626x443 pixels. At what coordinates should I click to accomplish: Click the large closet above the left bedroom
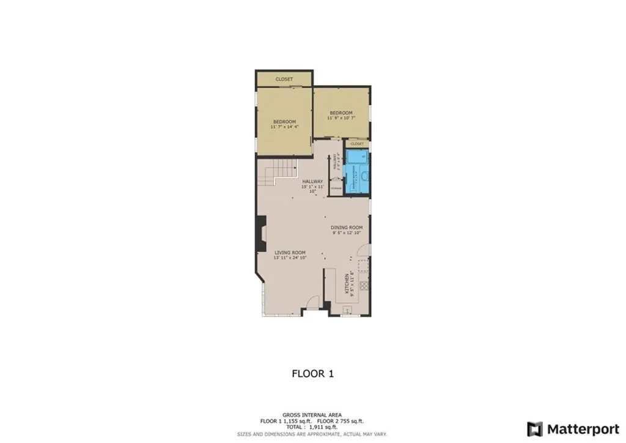(x=284, y=79)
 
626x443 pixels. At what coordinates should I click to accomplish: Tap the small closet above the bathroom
(x=357, y=144)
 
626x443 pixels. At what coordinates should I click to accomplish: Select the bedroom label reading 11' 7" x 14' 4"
(x=284, y=124)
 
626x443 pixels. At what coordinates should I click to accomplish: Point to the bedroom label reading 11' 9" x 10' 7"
(x=341, y=116)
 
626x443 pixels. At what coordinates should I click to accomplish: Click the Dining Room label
(x=347, y=230)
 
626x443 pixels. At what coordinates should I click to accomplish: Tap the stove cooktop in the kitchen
(x=365, y=285)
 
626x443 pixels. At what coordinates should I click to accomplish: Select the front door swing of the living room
(x=311, y=302)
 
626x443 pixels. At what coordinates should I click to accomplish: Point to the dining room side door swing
(x=363, y=251)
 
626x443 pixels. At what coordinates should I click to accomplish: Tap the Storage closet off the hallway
(x=336, y=188)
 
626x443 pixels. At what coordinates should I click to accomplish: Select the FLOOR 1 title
(x=312, y=373)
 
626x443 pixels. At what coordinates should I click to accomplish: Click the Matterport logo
(x=574, y=428)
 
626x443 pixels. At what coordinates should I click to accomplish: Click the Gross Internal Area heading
(x=312, y=415)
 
